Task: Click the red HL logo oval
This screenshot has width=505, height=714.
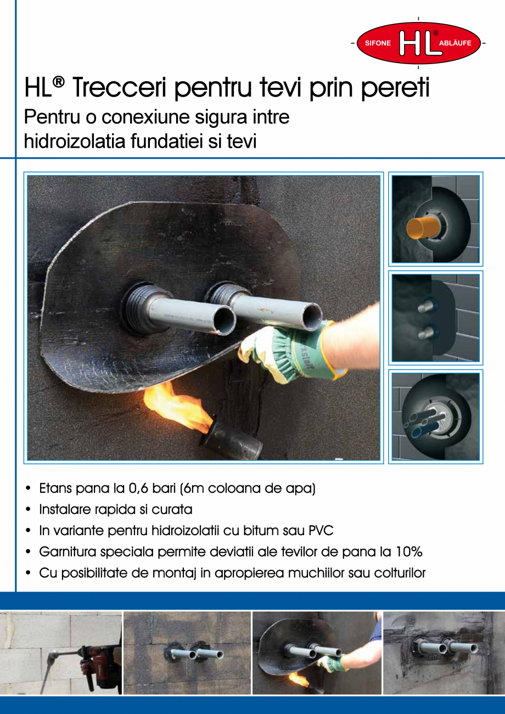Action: pyautogui.click(x=418, y=43)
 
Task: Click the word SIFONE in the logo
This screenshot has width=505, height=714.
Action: pyautogui.click(x=378, y=43)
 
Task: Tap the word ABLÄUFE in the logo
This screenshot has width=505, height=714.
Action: pyautogui.click(x=455, y=43)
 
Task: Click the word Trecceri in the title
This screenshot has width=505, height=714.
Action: pyautogui.click(x=119, y=87)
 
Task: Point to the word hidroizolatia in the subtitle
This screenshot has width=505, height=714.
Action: pyautogui.click(x=75, y=141)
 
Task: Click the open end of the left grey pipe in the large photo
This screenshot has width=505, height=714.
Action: pyautogui.click(x=225, y=320)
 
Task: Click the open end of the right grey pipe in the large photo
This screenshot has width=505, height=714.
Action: pyautogui.click(x=312, y=316)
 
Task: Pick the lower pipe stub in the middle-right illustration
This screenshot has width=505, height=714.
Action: pyautogui.click(x=425, y=333)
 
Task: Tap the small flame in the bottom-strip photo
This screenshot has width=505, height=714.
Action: pyautogui.click(x=299, y=679)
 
